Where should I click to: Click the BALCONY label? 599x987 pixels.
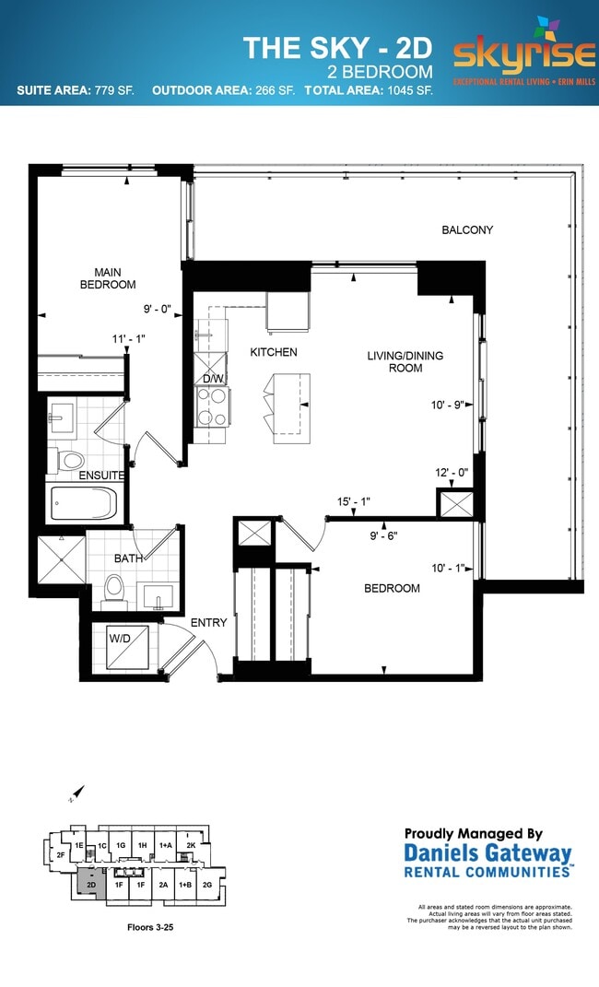pos(466,229)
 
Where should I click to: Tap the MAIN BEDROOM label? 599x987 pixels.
pos(114,278)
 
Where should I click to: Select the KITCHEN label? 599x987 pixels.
pos(274,352)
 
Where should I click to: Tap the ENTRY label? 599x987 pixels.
pos(208,623)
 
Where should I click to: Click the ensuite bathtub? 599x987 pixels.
pos(83,503)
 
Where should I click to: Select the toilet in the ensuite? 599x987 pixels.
pos(70,459)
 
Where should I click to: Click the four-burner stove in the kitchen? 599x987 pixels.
pos(213,405)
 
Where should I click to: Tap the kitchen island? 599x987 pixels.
pos(290,402)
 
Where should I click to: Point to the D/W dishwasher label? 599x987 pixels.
pos(212,379)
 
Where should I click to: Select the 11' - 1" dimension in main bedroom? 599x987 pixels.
pos(128,339)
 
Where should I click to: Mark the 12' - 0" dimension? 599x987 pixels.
pos(452,473)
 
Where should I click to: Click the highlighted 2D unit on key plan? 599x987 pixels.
pos(89,882)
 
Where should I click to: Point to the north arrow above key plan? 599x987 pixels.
pos(77,793)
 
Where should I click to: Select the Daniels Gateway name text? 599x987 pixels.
pos(487,853)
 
